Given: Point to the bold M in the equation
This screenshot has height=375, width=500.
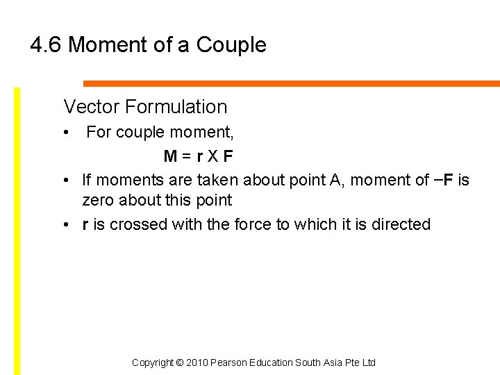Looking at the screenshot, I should pyautogui.click(x=170, y=156).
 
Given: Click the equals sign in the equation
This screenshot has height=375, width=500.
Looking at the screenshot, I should pyautogui.click(x=187, y=156).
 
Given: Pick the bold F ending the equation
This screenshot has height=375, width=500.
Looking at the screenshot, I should pyautogui.click(x=228, y=156).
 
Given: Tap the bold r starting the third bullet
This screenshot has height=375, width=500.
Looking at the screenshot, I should pyautogui.click(x=85, y=225).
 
